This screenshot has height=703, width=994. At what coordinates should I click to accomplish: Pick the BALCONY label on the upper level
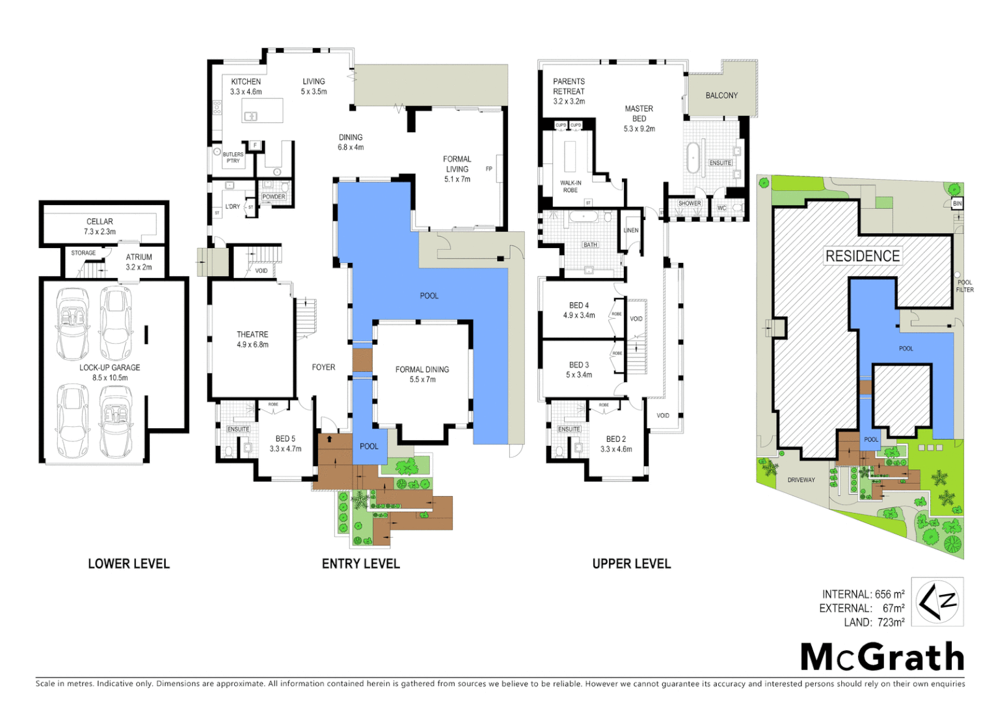721,96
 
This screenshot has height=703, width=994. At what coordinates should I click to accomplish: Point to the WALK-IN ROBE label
571,187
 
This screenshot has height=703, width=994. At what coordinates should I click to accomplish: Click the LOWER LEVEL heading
129,564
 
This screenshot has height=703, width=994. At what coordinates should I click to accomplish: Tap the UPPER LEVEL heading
631,564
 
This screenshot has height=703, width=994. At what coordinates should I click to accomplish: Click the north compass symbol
937,601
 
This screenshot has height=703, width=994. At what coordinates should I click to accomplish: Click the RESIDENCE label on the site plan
863,256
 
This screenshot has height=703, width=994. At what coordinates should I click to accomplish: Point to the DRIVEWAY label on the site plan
801,480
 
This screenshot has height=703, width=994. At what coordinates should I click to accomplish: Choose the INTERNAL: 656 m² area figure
863,594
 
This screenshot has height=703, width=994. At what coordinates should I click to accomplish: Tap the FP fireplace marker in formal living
489,169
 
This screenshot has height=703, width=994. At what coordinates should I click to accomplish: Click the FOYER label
323,368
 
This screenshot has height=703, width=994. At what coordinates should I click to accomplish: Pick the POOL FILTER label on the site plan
965,286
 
